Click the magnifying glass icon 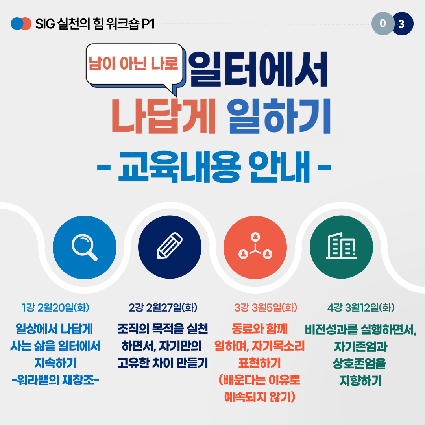coord(84,247)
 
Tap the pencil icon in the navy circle coord(170,245)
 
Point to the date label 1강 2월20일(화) coord(55,307)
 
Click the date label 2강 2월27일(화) coord(163,307)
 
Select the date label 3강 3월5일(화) coord(266,307)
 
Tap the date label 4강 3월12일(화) coord(361,307)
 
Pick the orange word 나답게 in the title coord(163,116)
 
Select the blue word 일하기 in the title coord(279,116)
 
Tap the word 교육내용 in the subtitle coord(179,166)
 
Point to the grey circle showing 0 coord(383,24)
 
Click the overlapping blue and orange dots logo coord(21,24)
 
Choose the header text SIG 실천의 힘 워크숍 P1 coord(95,24)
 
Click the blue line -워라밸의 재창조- coord(55,380)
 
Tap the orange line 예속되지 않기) coord(260,397)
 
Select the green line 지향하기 coord(361,381)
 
